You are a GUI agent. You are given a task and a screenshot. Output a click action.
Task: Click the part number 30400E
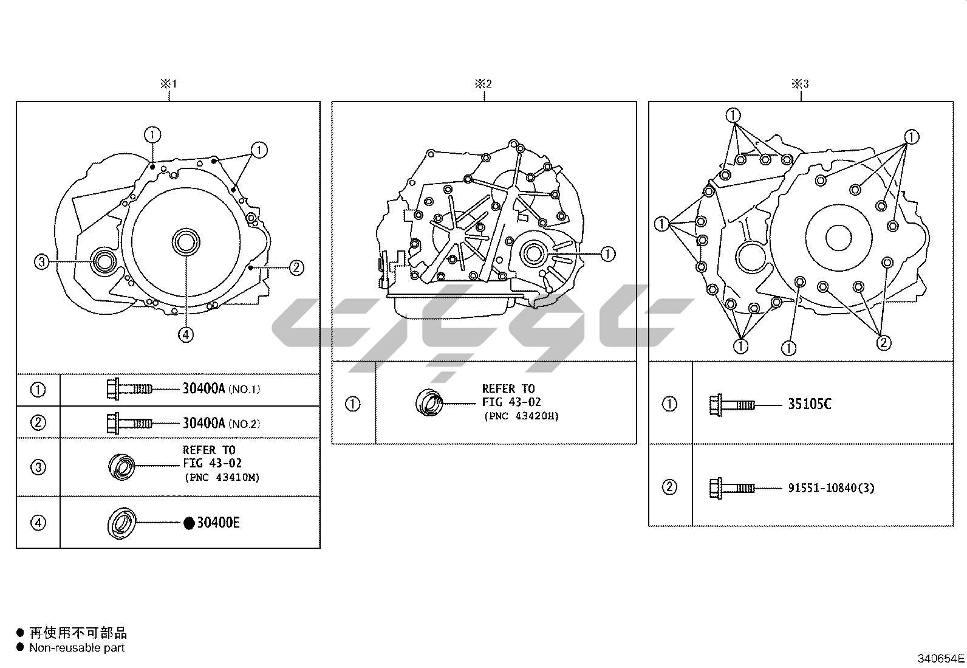218,523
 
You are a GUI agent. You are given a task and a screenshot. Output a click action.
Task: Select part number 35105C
810,404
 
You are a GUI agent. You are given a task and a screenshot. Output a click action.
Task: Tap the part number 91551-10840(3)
831,488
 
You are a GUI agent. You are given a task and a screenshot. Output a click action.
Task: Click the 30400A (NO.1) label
222,389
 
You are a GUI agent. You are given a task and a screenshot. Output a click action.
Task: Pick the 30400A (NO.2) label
222,423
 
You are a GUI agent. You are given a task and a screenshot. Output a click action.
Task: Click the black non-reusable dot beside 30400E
189,523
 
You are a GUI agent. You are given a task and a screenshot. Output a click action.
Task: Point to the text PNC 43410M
222,478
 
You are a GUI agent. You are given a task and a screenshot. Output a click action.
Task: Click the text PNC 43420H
521,416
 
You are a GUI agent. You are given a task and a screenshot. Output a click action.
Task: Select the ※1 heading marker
169,84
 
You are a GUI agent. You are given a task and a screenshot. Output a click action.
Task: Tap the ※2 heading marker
483,84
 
